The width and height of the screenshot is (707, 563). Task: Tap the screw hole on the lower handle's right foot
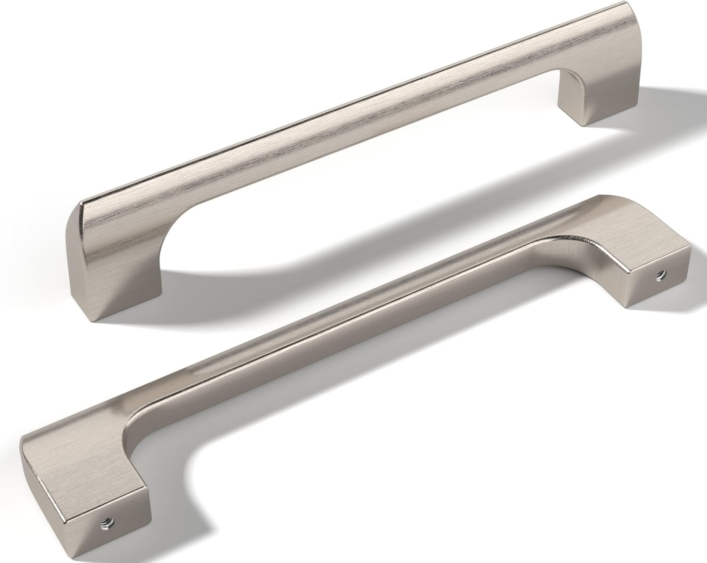point(657,279)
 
